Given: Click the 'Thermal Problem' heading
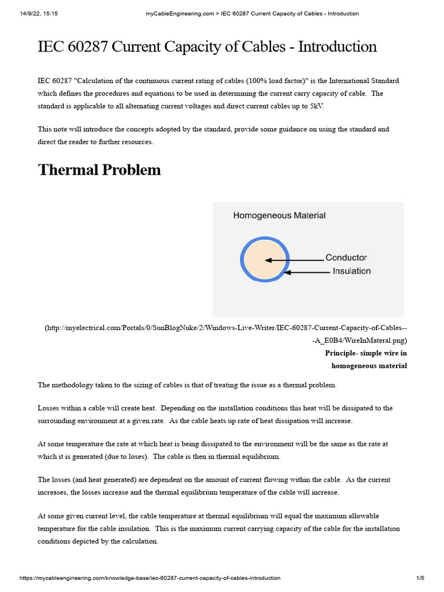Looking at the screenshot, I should coord(99,170).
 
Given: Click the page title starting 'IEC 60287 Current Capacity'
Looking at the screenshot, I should coord(207,47).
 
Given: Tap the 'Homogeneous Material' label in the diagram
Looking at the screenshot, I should coord(279,216).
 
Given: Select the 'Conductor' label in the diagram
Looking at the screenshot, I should coord(346,258).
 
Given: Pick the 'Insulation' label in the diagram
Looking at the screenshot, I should coord(351,271).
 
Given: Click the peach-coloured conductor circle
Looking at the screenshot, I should coord(264,261).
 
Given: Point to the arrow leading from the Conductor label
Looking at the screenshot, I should coord(295,261).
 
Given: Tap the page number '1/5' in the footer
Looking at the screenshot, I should coord(420,578).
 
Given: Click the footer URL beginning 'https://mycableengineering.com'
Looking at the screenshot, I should coord(150,578).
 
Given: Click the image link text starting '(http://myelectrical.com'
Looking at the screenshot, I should coord(225,328).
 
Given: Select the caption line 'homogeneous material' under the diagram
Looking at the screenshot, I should coord(369,365).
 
